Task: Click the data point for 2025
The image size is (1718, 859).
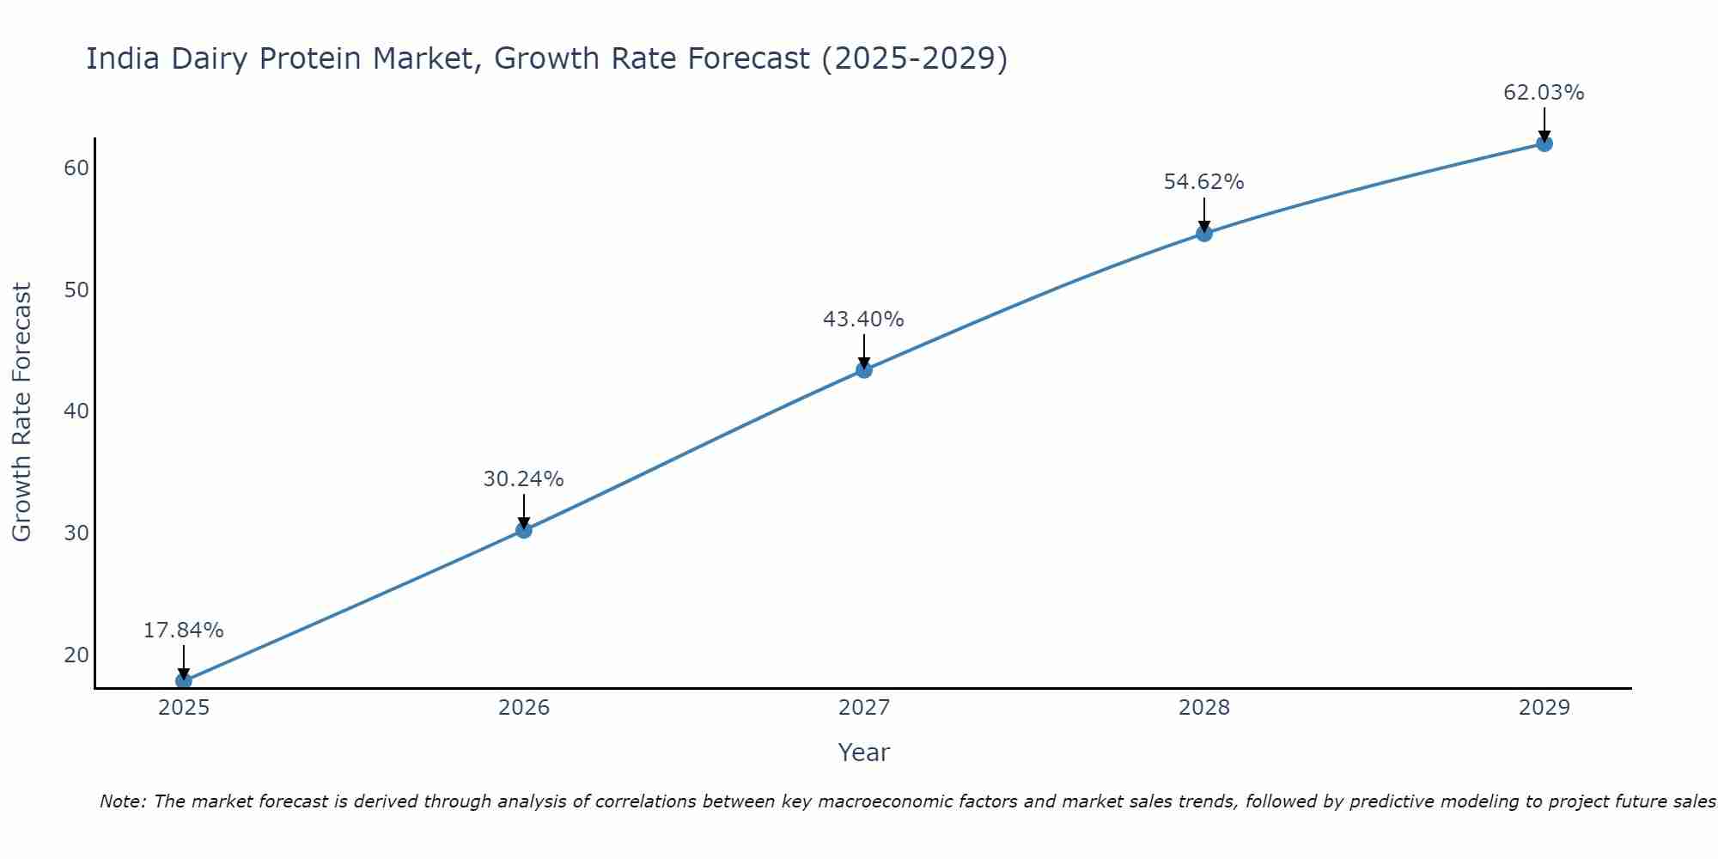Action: [x=184, y=681]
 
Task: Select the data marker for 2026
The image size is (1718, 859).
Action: [x=524, y=530]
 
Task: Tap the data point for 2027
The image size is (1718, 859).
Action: [x=864, y=370]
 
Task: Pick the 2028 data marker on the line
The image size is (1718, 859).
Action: [x=1204, y=233]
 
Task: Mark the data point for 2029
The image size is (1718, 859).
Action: [x=1544, y=143]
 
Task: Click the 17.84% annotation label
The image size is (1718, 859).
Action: [x=183, y=631]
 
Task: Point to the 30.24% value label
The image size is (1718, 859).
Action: [x=523, y=479]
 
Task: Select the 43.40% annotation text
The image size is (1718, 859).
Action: [x=863, y=320]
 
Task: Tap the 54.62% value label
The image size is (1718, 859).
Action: [x=1203, y=182]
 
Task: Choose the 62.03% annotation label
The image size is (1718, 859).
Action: [x=1544, y=93]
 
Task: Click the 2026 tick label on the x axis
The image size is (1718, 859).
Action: [x=524, y=708]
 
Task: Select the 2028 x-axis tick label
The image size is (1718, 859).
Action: [x=1204, y=708]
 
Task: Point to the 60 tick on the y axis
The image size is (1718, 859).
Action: [x=76, y=168]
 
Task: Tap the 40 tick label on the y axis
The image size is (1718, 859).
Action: [x=76, y=411]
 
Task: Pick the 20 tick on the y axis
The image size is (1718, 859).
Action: [x=76, y=655]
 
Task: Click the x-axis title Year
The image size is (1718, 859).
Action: [x=864, y=752]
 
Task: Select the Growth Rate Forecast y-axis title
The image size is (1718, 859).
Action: [x=21, y=412]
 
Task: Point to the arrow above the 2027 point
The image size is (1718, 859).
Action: [x=864, y=350]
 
